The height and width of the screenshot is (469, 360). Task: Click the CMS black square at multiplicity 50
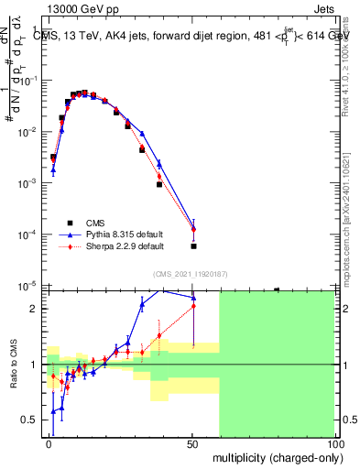click(x=193, y=246)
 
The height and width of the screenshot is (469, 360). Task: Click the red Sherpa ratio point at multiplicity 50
click(x=193, y=306)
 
